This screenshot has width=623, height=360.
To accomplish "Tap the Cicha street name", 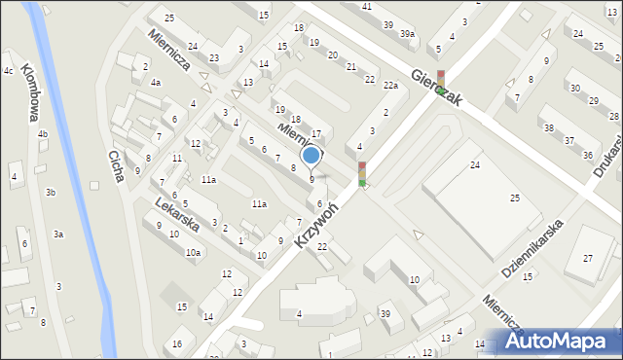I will click(x=115, y=164).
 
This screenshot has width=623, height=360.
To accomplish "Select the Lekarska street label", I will click(x=176, y=214).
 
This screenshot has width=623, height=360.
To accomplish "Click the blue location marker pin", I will click(x=311, y=156).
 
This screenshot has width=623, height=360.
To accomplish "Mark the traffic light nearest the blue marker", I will click(x=362, y=175).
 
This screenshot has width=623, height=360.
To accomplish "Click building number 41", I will click(x=367, y=7).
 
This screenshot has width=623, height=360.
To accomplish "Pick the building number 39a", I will click(x=407, y=33).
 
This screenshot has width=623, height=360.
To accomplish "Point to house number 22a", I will click(x=390, y=86).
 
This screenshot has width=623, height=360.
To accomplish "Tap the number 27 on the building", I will click(x=587, y=258).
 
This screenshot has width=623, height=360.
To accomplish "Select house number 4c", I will click(x=8, y=71).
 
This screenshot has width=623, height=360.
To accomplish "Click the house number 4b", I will click(x=42, y=134).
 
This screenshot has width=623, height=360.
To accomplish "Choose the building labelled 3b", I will click(x=51, y=193).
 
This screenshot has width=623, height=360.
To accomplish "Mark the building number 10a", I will click(x=193, y=252).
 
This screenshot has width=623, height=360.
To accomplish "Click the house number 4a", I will click(x=155, y=83).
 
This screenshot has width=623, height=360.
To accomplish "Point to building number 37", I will click(x=569, y=141).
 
